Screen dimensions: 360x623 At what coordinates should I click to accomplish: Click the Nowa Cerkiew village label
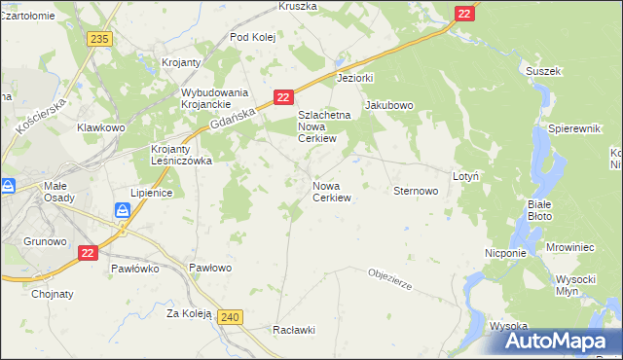[331, 191]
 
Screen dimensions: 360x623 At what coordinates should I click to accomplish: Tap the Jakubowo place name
[389, 105]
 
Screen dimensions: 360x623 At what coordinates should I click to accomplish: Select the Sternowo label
[415, 192]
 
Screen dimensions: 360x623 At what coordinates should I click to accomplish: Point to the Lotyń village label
[465, 176]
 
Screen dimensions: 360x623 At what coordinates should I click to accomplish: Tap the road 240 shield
[230, 317]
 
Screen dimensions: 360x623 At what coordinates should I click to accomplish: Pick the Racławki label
[295, 330]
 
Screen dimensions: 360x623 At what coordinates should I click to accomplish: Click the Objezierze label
[391, 280]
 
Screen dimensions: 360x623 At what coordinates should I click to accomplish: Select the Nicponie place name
[505, 253]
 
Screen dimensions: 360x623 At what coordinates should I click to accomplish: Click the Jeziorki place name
[354, 77]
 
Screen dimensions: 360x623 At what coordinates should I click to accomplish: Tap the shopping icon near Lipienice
[124, 210]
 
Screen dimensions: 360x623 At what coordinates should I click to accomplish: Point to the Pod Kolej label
[253, 37]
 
